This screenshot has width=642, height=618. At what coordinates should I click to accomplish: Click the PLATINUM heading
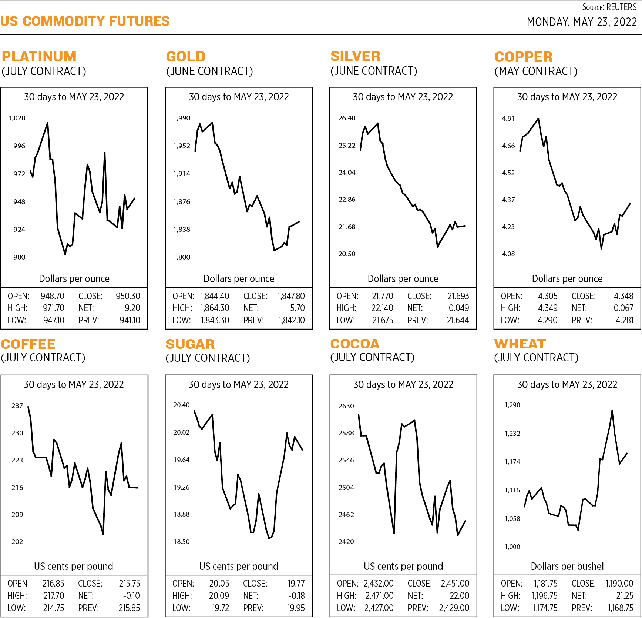coord(39,57)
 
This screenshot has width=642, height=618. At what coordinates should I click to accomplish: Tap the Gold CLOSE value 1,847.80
coord(291,296)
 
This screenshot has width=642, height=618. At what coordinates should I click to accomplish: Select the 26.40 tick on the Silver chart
coord(347,118)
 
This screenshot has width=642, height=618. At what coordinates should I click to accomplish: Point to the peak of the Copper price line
coord(538,119)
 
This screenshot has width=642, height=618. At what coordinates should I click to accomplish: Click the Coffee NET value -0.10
coord(131,596)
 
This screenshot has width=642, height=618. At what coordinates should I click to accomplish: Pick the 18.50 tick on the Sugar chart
coord(181,541)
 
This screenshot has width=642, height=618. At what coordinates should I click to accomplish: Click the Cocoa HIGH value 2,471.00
coord(379,596)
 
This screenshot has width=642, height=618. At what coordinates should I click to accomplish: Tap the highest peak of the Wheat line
coord(612,411)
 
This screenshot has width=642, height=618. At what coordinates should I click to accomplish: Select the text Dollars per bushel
coord(567,566)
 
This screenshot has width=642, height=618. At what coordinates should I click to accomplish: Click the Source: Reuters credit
coord(609,7)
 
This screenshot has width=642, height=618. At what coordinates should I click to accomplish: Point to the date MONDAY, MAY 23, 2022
coord(582,22)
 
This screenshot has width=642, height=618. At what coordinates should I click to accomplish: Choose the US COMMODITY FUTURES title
coord(85,21)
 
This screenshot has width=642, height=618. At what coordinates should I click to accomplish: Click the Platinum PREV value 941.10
coord(130,320)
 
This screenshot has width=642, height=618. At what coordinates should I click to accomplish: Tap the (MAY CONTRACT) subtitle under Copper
coord(536,71)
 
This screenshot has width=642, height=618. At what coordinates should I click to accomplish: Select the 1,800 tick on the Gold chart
coord(182,257)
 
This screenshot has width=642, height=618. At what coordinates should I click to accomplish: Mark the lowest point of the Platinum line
coord(65,254)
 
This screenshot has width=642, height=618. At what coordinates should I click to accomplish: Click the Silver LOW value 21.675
coord(383,320)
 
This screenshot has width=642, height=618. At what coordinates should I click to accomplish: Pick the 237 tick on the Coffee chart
coord(17,405)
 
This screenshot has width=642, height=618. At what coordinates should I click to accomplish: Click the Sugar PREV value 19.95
coord(296,608)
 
